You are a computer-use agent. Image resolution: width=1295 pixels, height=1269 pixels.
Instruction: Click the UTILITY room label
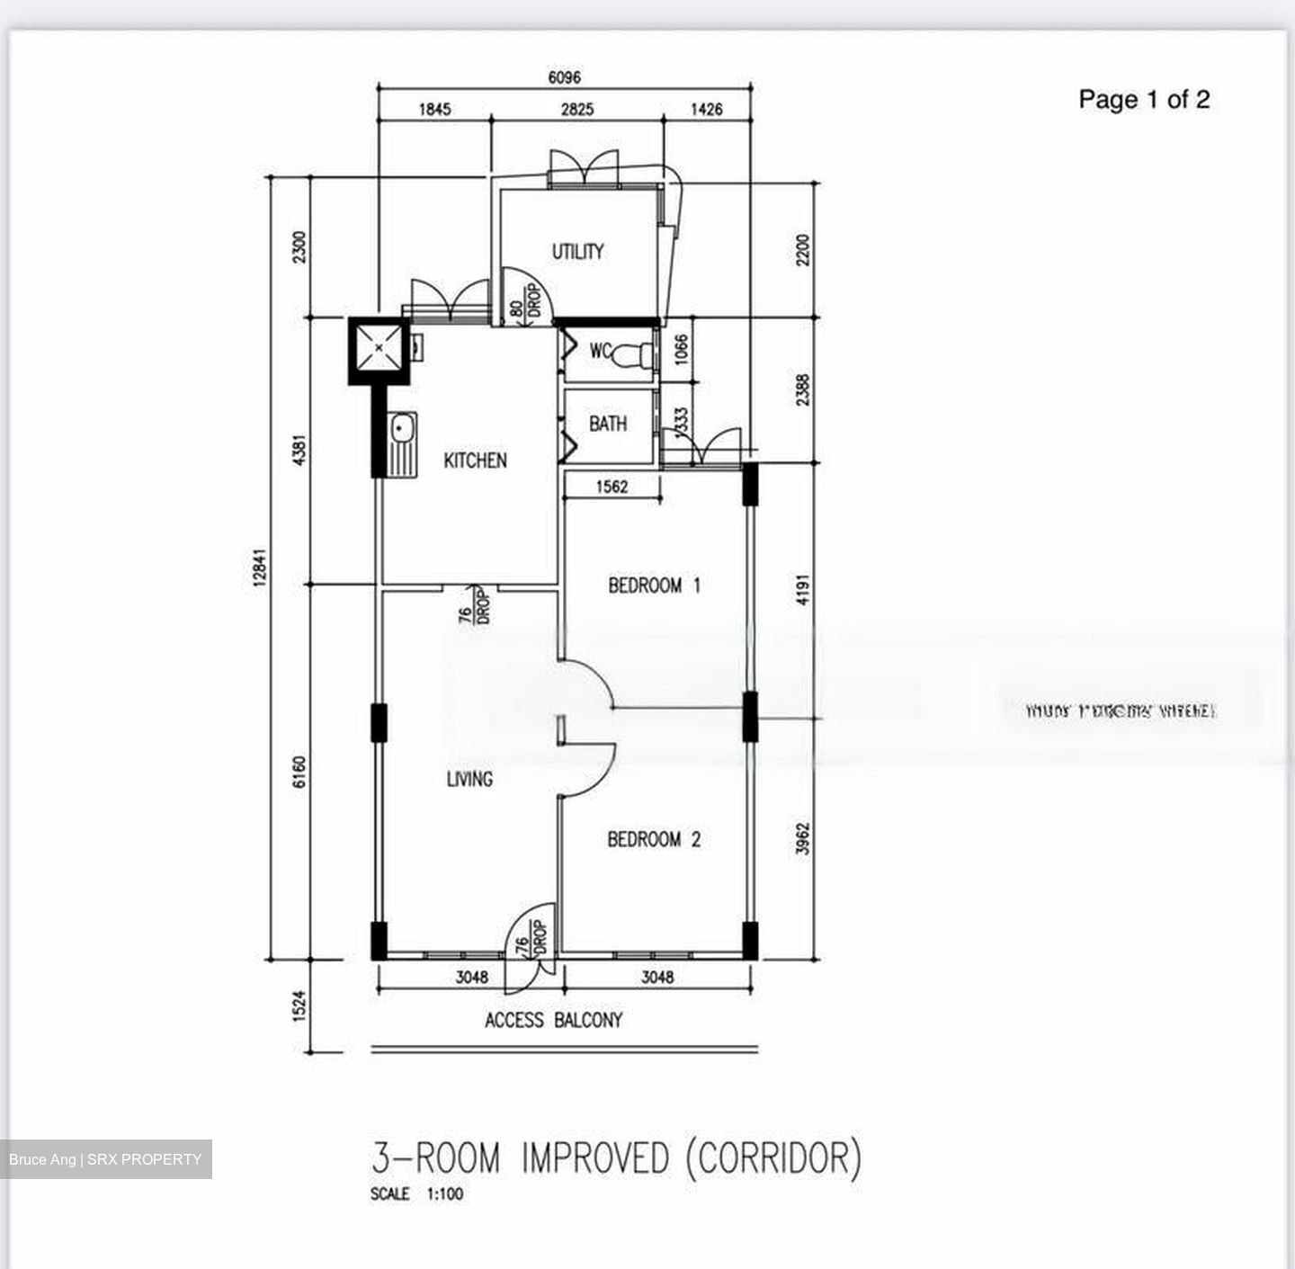[x=577, y=252]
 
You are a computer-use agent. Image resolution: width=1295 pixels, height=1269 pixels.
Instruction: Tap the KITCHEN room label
[x=475, y=460]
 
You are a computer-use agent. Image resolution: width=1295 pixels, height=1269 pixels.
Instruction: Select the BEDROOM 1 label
[x=654, y=586]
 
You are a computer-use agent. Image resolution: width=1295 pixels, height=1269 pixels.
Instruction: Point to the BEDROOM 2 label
[x=654, y=840]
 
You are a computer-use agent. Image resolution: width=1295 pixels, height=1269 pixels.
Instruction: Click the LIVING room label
[x=469, y=779]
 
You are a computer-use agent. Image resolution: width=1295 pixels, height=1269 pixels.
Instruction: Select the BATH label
[x=608, y=424]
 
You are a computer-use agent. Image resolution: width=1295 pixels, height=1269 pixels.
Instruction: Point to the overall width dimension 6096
[x=564, y=77]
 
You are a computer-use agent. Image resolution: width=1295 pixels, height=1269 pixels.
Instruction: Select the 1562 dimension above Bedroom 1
[x=612, y=487]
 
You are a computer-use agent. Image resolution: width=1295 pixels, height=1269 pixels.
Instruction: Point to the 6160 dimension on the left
[x=299, y=773]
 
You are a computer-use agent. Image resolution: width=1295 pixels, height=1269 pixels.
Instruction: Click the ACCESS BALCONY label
[x=553, y=1020]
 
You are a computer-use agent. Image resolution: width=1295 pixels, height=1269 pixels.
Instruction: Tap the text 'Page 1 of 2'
[x=1144, y=100]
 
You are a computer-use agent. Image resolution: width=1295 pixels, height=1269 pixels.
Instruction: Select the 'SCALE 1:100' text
[x=416, y=1194]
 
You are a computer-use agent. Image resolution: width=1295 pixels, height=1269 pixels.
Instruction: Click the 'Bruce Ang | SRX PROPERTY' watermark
[x=105, y=1159]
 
